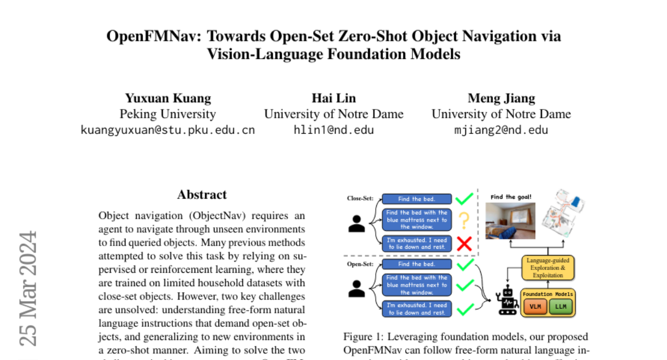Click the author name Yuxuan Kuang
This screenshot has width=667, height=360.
(168, 98)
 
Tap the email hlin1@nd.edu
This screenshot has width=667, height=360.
(333, 130)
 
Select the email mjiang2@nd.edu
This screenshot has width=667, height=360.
(501, 130)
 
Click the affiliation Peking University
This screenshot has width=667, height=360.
(168, 114)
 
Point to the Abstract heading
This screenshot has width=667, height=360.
(202, 194)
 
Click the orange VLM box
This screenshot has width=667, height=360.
(535, 306)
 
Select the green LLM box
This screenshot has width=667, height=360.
(560, 306)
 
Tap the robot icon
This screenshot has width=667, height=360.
(506, 301)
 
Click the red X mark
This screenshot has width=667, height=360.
(464, 243)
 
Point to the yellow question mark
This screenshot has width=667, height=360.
(464, 221)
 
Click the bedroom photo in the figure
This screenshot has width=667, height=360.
(510, 221)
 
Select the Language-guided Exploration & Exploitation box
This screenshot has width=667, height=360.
(549, 267)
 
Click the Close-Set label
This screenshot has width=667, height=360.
(360, 198)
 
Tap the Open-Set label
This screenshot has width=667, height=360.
(360, 264)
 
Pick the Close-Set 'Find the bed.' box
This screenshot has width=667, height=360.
(417, 199)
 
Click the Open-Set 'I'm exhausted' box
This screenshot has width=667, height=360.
(417, 309)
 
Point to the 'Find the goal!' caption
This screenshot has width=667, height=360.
(510, 197)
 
